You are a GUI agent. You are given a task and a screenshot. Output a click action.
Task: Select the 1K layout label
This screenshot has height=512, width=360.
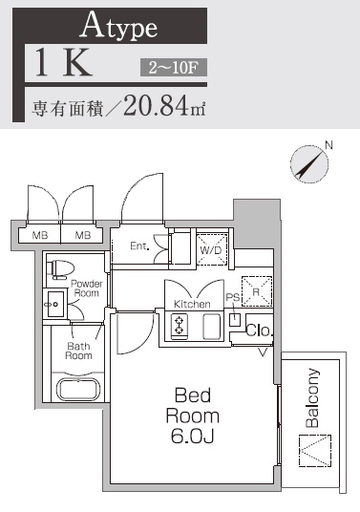coord(63,63)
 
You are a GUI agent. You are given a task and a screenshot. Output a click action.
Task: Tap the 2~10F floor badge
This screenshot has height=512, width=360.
coord(173,67)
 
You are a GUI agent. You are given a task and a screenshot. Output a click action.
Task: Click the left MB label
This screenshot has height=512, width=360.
coord(40,235)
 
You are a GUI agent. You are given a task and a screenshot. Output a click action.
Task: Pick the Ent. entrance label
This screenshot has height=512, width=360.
coord(139,245)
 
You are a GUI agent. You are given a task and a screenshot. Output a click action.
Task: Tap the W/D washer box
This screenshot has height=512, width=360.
coord(211,247)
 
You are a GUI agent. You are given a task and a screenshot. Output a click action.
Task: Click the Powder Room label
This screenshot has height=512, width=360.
coord(85,288)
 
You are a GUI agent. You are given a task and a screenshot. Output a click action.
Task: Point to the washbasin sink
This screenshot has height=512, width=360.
coord(53,305)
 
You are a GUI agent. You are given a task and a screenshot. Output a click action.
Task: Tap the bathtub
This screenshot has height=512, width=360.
coord(81,390)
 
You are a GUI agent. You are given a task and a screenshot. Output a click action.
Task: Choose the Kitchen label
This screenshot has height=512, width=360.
coord(191,304)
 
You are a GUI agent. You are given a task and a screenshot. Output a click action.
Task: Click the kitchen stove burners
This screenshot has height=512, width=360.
coord(179,327)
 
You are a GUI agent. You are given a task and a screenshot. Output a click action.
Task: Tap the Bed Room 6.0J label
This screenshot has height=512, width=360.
coord(192,416)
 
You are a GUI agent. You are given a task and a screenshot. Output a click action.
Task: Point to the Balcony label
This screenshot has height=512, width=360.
coord(311,398)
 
